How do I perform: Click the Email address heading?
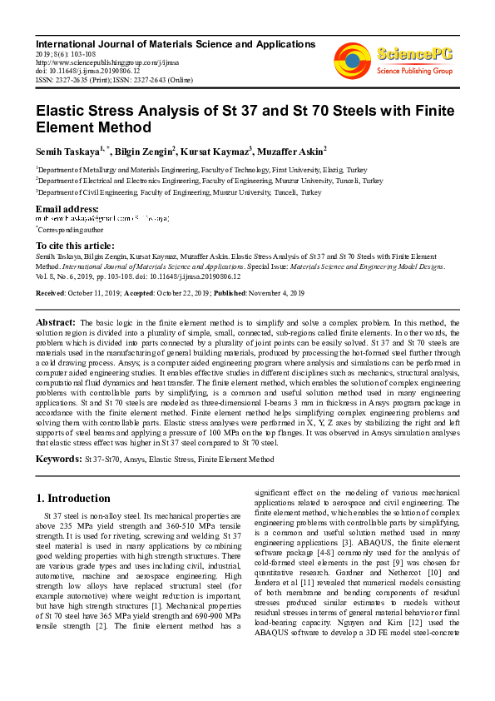pyautogui.click(x=67, y=208)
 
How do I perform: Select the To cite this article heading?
pyautogui.click(x=75, y=246)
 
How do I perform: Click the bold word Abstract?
pyautogui.click(x=56, y=321)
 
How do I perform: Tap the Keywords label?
pyautogui.click(x=58, y=459)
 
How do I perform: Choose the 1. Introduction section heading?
pyautogui.click(x=74, y=499)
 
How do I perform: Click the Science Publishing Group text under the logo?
pyautogui.click(x=413, y=72)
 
